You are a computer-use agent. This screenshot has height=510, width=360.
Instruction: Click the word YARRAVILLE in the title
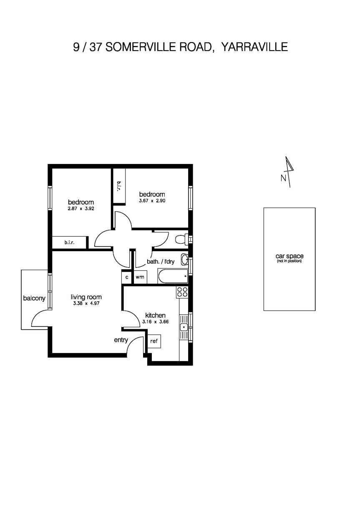[254, 47]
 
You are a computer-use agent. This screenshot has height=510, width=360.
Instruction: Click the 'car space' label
[289, 256]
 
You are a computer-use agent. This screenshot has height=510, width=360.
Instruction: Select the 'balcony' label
[34, 298]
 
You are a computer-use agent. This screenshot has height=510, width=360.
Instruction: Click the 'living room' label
[86, 297]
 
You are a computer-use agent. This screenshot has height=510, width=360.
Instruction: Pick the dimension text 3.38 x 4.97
[86, 303]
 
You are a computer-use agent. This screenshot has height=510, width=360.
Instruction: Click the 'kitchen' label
[155, 315]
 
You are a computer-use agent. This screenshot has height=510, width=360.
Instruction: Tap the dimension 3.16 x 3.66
[155, 322]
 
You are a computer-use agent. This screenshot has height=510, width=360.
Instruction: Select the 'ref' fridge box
[154, 341]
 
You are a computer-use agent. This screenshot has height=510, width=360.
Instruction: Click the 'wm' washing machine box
[140, 277]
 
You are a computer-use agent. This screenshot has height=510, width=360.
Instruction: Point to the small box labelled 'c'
[127, 277]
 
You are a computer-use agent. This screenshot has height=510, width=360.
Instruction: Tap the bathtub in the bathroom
[172, 276]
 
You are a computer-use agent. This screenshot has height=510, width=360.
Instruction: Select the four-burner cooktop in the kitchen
[182, 292]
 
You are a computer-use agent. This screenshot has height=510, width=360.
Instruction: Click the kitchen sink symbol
[184, 328]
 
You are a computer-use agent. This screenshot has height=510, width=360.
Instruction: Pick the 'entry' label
[121, 340]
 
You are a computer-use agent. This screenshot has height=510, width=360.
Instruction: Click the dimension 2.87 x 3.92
[81, 209]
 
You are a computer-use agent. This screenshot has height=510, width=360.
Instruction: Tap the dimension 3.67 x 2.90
[152, 201]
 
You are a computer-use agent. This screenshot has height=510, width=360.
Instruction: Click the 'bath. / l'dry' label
[161, 262]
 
